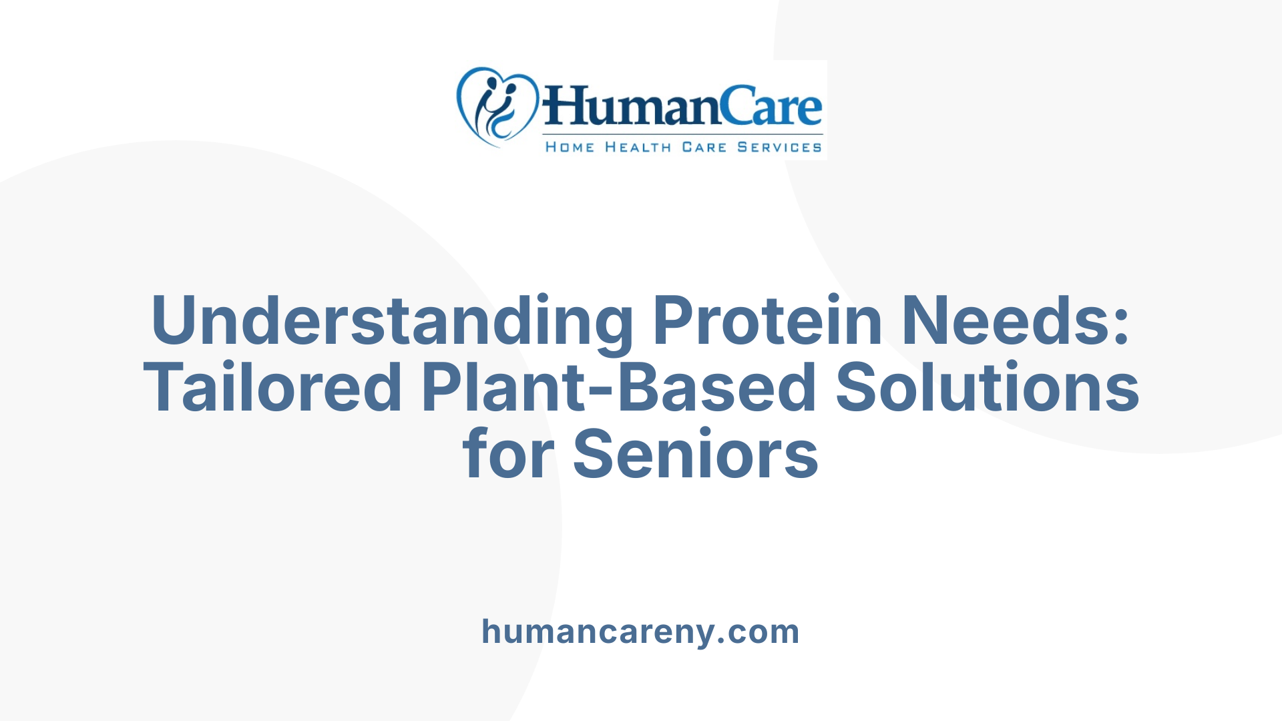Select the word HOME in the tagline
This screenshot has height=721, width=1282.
coord(570,147)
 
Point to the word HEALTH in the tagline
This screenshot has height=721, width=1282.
coord(638,147)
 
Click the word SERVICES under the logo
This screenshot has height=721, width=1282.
coord(779,147)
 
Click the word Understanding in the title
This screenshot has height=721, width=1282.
coord(393,321)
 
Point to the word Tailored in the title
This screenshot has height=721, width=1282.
coord(272,388)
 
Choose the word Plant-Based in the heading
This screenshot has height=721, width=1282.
coord(618,388)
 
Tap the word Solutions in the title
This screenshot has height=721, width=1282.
coord(987,388)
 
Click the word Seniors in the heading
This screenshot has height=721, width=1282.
coord(696,455)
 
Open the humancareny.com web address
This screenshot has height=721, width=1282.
coord(640,632)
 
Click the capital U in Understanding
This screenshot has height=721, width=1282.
coord(175,321)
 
